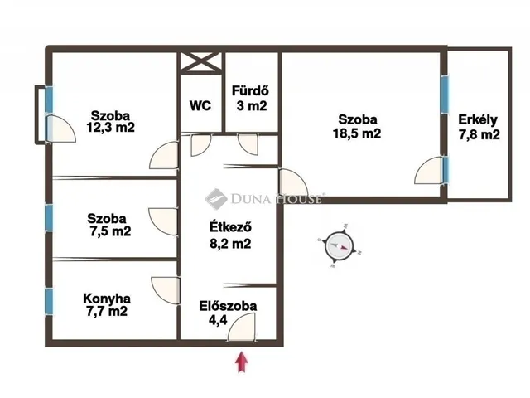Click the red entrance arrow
pyautogui.click(x=242, y=362)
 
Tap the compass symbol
pyautogui.click(x=340, y=246)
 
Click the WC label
pyautogui.click(x=200, y=105)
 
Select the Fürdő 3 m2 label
pyautogui.click(x=251, y=98)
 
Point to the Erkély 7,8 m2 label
pyautogui.click(x=479, y=127)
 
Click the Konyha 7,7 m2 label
pyautogui.click(x=107, y=305)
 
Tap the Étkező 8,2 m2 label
pyautogui.click(x=230, y=235)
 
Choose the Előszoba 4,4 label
pyautogui.click(x=228, y=313)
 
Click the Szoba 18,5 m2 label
pyautogui.click(x=357, y=126)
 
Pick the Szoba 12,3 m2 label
pyautogui.click(x=110, y=122)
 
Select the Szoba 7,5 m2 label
pyautogui.click(x=109, y=225)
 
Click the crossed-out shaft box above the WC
pyautogui.click(x=200, y=62)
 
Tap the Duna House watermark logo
pyautogui.click(x=216, y=199)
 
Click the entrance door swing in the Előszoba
pyautogui.click(x=242, y=327)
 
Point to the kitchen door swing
pyautogui.click(x=166, y=290)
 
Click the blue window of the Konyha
pyautogui.click(x=49, y=302)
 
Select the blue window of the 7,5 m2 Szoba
pyautogui.click(x=49, y=218)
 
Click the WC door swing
pyautogui.click(x=200, y=145)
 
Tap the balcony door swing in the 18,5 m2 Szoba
pyautogui.click(x=429, y=171)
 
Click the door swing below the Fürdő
pyautogui.click(x=248, y=145)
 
